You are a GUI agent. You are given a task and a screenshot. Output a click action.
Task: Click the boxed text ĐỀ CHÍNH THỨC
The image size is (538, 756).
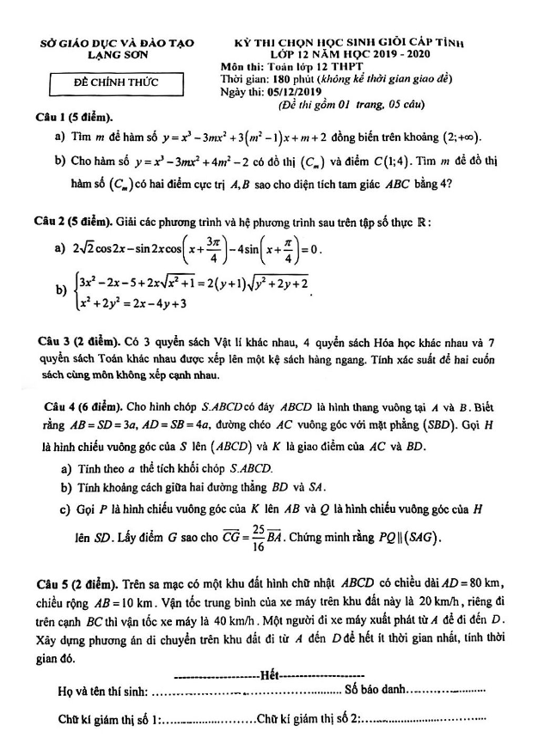coord(116,83)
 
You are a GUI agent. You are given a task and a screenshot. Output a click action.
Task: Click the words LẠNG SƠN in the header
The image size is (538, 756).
coord(118,53)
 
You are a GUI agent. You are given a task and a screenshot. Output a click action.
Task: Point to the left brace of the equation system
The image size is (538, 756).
coord(75,290)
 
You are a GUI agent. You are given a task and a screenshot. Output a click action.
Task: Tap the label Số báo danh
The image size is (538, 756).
coord(375,689)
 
